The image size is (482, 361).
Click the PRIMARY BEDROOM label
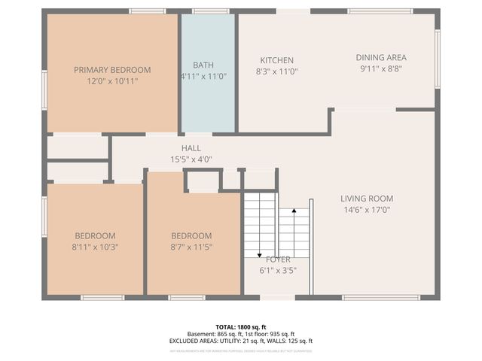point(112,70)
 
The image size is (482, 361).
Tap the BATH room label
point(203,65)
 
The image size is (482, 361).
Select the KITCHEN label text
point(276,60)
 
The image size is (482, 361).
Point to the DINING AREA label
point(381,57)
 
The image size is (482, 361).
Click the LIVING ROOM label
point(368,199)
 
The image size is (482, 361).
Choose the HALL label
point(191,148)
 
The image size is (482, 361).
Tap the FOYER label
point(276,259)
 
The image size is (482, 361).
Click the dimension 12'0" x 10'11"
point(112,81)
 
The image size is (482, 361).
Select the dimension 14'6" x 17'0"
point(368,210)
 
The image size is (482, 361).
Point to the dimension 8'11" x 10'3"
point(95,247)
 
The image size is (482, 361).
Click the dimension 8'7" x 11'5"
point(191,247)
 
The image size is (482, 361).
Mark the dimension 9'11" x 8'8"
point(381,68)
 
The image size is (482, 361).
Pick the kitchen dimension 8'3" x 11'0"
point(276,71)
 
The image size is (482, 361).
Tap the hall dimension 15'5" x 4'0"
point(191,159)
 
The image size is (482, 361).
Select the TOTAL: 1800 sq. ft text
point(241,327)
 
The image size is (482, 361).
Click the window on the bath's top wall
point(210,11)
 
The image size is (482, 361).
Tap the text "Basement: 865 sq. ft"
point(214,334)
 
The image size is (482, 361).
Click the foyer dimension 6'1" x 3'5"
point(276,271)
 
